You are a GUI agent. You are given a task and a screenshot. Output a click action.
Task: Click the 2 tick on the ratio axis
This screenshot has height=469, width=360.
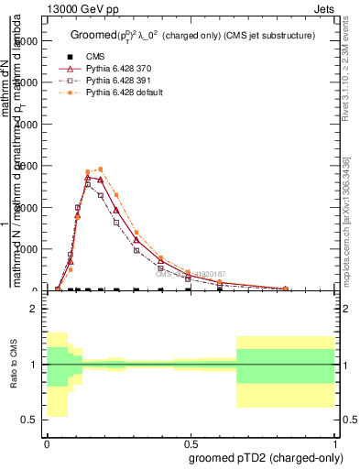coord(33,309)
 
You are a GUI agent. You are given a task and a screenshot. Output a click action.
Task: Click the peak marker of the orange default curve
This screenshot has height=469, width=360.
coord(100,169)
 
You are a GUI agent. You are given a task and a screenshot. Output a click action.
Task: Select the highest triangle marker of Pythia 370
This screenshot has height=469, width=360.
coord(88,178)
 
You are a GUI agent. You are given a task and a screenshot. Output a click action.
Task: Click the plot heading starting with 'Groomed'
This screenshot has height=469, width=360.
coord(192,35)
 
